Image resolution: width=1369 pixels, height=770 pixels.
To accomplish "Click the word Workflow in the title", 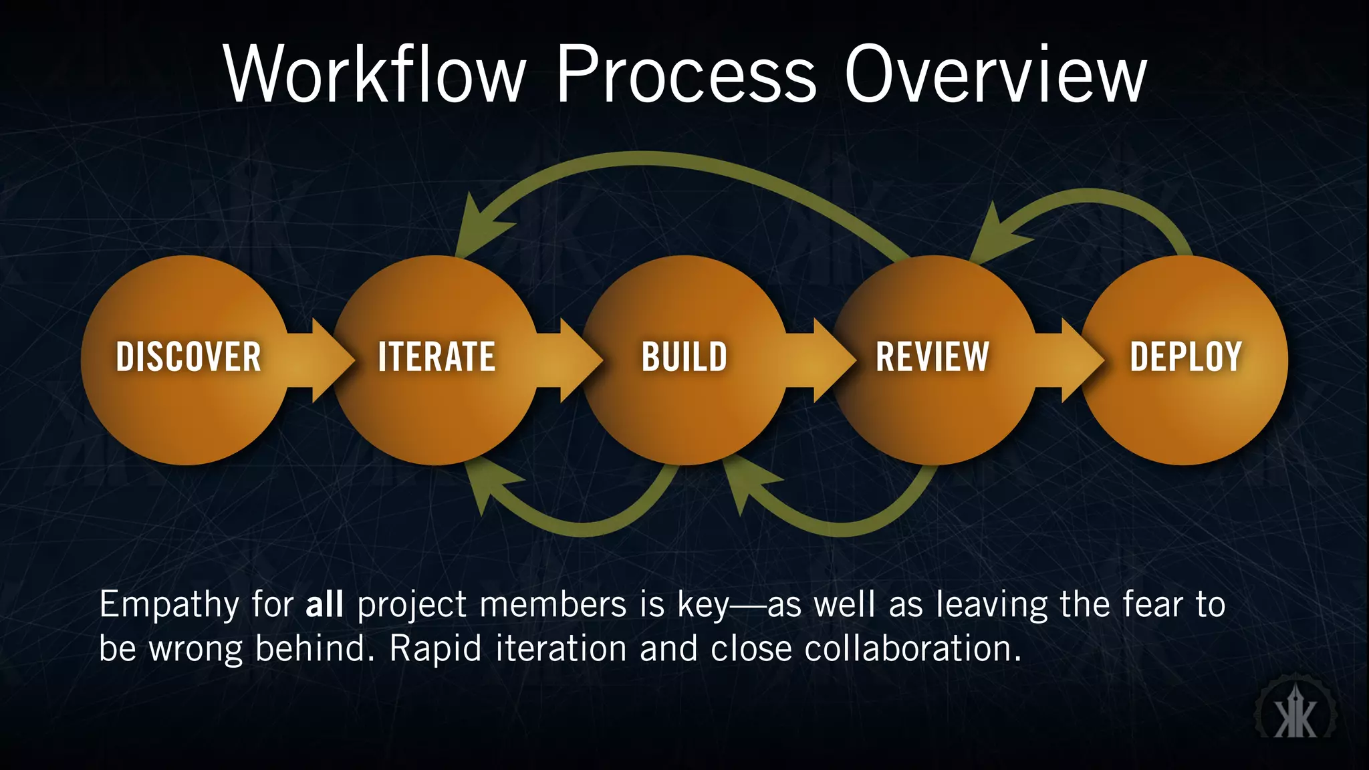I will point(375,74).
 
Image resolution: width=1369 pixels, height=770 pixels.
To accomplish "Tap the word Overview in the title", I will point(995,74).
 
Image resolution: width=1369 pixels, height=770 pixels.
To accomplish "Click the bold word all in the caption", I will point(324,605).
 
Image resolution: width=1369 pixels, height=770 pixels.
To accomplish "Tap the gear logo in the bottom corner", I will point(1295,714).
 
